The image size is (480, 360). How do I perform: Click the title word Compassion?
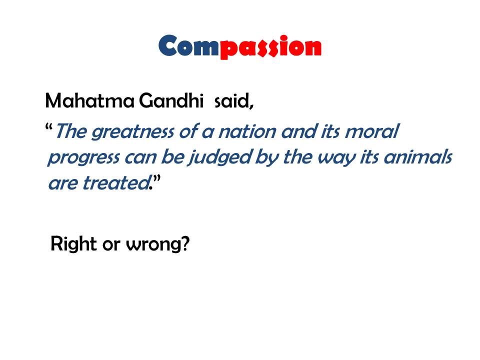[x=240, y=46]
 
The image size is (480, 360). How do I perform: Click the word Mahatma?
[x=89, y=100]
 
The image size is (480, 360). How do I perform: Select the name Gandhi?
[x=171, y=100]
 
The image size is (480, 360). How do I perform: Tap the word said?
[x=233, y=100]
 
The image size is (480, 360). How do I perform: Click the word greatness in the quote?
[x=133, y=132]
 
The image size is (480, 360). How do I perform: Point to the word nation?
[x=247, y=131]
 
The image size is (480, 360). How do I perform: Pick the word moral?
[x=372, y=131]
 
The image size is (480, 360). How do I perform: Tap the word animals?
[x=418, y=156]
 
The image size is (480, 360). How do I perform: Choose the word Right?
[x=74, y=244]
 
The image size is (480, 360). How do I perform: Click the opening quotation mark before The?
[x=48, y=126]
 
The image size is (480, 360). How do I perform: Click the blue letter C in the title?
[x=168, y=45]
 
